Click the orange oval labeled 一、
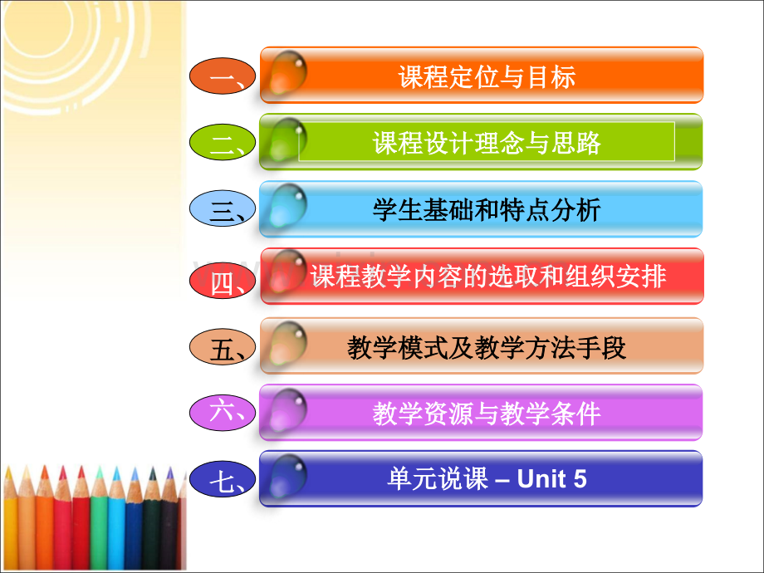pos(223,76)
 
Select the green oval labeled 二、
pos(223,142)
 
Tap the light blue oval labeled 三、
pos(223,208)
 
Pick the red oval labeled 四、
pos(223,280)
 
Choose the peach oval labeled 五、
pos(223,346)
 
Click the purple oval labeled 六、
pos(223,413)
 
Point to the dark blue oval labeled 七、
pos(223,479)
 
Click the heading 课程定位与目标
pos(487,77)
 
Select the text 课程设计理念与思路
pos(487,143)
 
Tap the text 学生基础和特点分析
pos(487,210)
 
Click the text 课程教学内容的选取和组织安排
pos(488,277)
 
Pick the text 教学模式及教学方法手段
pos(487,348)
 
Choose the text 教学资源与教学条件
pos(487,414)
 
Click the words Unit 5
pos(551,478)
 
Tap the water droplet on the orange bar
pos(288,72)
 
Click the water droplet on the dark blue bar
pos(288,476)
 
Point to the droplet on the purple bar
pos(288,410)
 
